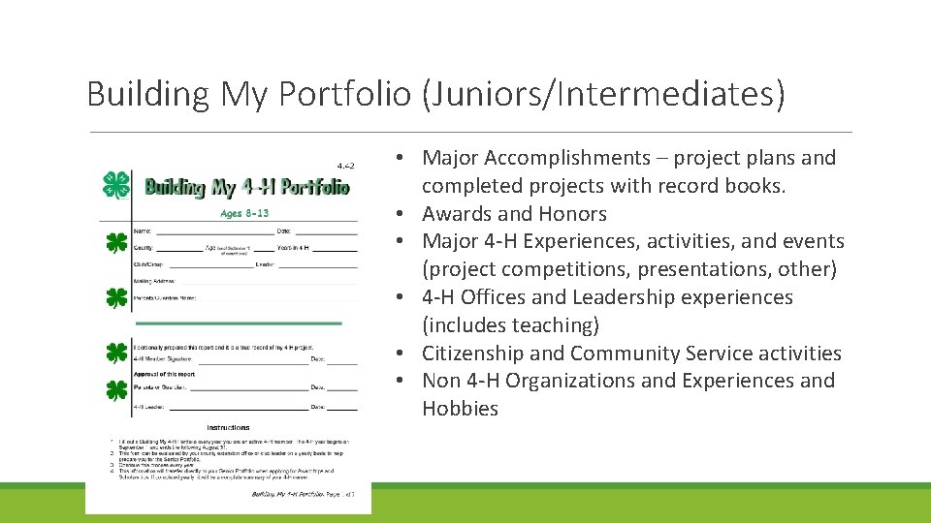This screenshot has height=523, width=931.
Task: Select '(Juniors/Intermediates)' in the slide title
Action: (x=602, y=94)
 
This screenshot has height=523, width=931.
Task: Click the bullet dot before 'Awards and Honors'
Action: (x=400, y=214)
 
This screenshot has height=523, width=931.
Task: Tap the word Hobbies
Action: (x=460, y=409)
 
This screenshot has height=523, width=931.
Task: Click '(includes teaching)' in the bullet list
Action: (x=510, y=325)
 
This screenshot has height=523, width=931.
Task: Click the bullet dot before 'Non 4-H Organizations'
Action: (x=400, y=381)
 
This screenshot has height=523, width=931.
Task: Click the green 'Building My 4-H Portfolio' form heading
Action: (x=246, y=186)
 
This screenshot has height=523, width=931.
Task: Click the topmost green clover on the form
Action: (x=116, y=184)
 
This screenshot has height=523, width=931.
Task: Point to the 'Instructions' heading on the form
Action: (x=228, y=427)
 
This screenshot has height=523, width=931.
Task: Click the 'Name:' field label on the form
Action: (x=143, y=231)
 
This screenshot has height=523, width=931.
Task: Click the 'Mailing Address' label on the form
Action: (x=155, y=280)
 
